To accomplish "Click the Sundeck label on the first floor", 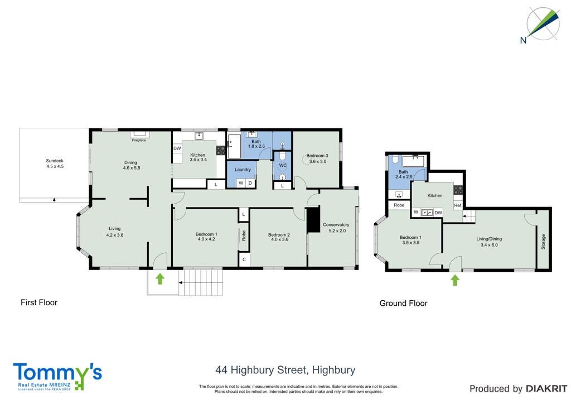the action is (x=55, y=161).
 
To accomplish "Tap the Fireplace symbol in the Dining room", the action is (x=139, y=134).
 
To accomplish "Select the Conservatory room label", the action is (x=336, y=225).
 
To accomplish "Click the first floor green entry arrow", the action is (x=160, y=278).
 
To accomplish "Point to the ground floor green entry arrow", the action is (x=454, y=280).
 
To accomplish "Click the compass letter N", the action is (x=523, y=40).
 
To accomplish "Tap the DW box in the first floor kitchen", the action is (x=177, y=148).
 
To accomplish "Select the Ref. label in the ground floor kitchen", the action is (x=458, y=206).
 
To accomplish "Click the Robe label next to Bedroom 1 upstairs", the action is (x=244, y=235).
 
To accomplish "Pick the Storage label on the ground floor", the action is (x=543, y=242).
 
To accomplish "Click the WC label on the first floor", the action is (x=283, y=165).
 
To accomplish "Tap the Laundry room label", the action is (x=243, y=170).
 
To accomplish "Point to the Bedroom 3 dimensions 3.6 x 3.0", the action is (x=317, y=161).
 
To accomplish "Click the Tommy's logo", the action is (x=57, y=377).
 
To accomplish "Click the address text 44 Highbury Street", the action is (x=262, y=370).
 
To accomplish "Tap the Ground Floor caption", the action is (x=403, y=303).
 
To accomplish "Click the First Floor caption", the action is (x=39, y=302).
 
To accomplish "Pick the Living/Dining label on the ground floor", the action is (x=489, y=239).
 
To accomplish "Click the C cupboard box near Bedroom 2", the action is (x=244, y=259).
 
